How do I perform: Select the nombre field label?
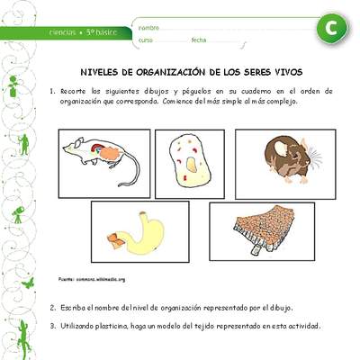tap(149, 27)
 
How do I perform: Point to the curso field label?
tap(146, 40)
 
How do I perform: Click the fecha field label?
tap(199, 40)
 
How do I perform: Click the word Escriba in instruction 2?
tap(75, 308)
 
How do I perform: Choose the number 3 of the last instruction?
tap(52, 325)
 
